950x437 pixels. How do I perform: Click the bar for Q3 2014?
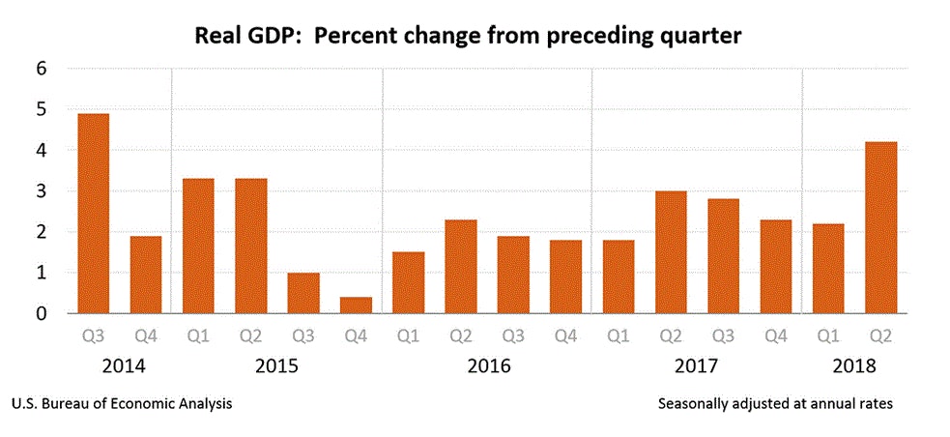pos(93,214)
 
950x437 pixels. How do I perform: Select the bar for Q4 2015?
pos(356,305)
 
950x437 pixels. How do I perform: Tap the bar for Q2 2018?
pos(880,227)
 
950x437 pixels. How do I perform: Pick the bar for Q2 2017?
pos(671,252)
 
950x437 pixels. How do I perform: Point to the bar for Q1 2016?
pos(408,282)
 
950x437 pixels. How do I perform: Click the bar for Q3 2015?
pos(302,293)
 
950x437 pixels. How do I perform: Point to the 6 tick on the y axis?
pos(42,69)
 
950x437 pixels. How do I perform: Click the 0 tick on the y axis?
pos(42,313)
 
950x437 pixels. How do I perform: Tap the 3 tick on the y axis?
pos(42,191)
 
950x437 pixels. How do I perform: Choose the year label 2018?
pos(853,366)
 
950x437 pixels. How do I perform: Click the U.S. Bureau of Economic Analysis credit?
pos(122,403)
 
